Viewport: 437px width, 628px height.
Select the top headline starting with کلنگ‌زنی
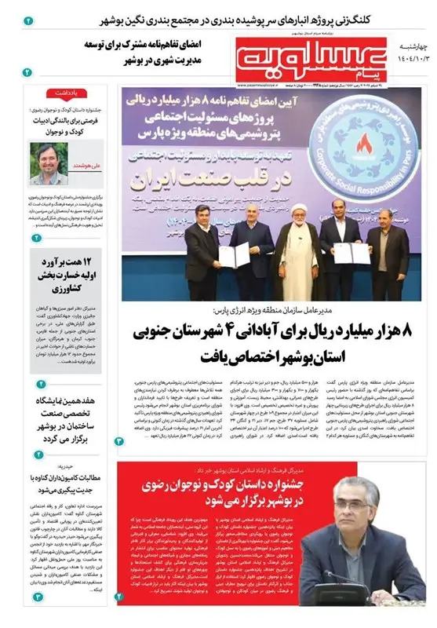235,16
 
